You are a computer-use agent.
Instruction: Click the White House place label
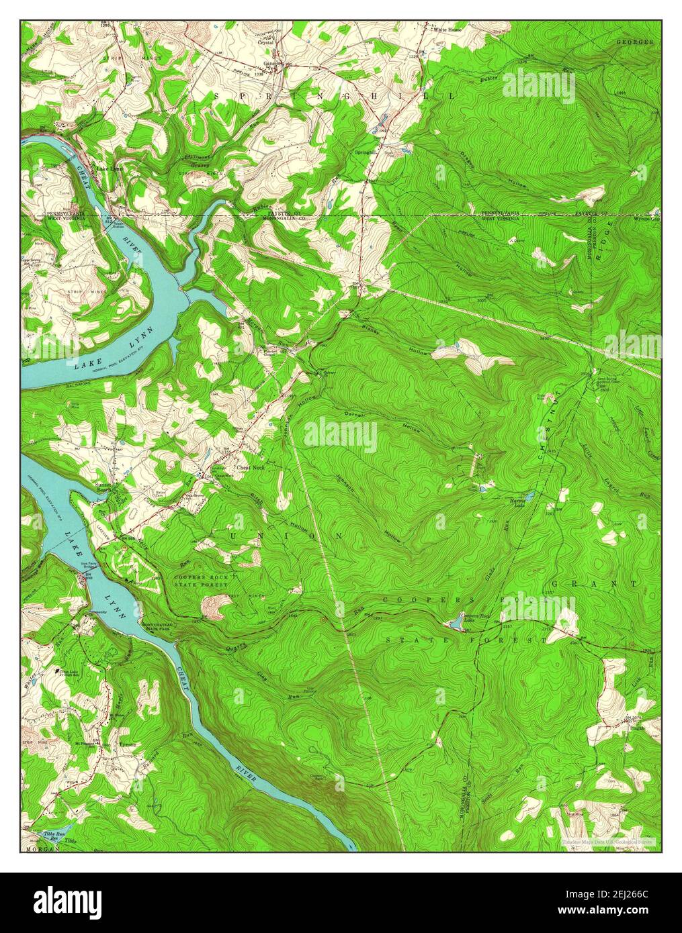pos(447,30)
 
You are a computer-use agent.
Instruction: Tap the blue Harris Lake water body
pos(529,497)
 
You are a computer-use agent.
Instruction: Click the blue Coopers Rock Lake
pos(456,624)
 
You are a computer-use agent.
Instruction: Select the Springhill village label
pos(367,152)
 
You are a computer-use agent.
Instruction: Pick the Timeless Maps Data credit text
pos(609,841)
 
